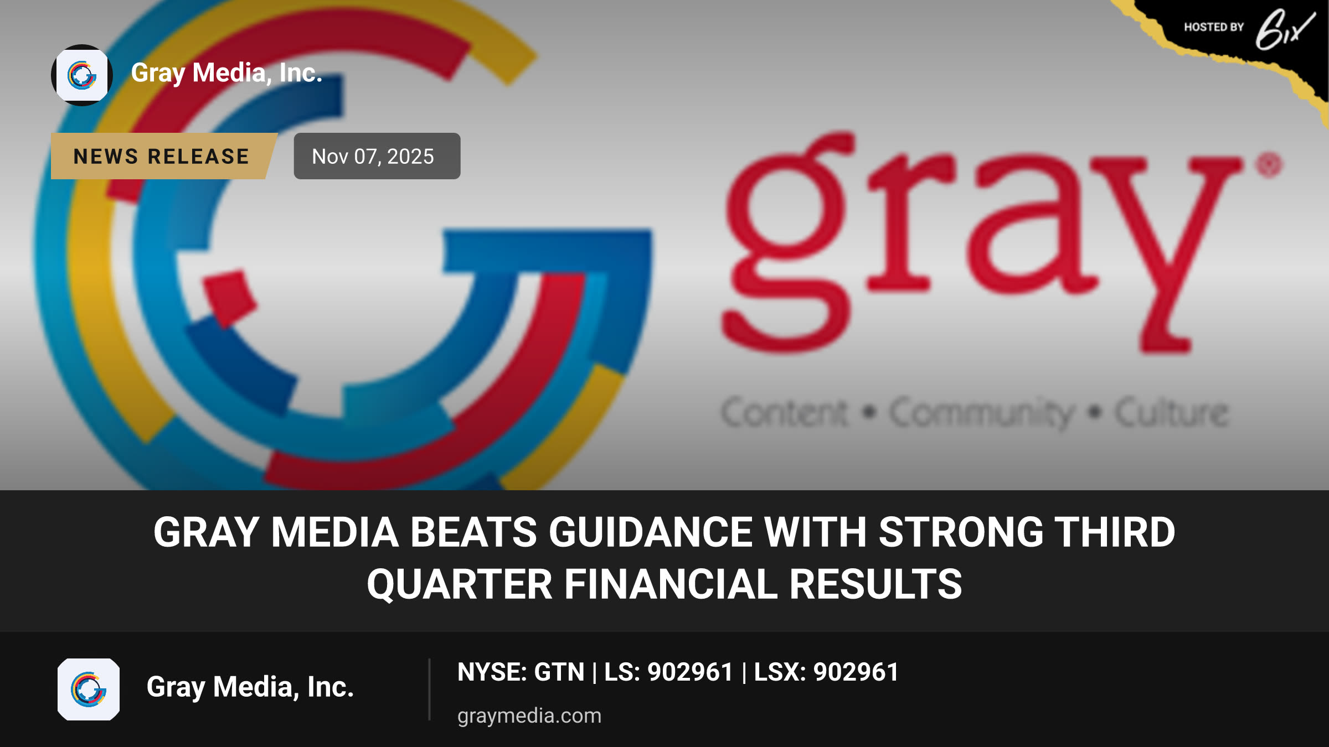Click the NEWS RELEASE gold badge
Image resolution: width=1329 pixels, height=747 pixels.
tap(163, 156)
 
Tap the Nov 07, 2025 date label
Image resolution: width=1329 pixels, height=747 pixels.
tap(377, 156)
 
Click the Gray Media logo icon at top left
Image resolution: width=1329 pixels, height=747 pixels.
tap(82, 75)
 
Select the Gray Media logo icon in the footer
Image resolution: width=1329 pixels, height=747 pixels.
tap(89, 689)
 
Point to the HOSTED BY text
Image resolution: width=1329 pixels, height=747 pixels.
tap(1214, 27)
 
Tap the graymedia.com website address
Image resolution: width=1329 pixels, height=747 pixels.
tap(529, 715)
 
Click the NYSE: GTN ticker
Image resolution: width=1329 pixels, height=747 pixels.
tap(521, 672)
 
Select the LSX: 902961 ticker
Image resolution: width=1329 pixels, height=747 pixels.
tap(826, 672)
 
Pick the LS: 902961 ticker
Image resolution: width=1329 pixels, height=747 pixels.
tap(669, 672)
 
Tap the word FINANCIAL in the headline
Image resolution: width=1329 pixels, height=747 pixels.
tap(671, 584)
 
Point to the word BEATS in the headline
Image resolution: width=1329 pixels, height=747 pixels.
tap(473, 532)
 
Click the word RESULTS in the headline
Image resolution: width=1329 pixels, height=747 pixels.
tap(876, 584)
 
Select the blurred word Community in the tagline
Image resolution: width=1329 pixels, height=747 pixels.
tap(982, 413)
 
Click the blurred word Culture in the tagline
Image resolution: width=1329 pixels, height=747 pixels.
tap(1172, 412)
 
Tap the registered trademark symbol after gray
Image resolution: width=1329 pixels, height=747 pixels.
tap(1269, 165)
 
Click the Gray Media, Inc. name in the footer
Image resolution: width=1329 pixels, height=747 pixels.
tap(250, 687)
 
